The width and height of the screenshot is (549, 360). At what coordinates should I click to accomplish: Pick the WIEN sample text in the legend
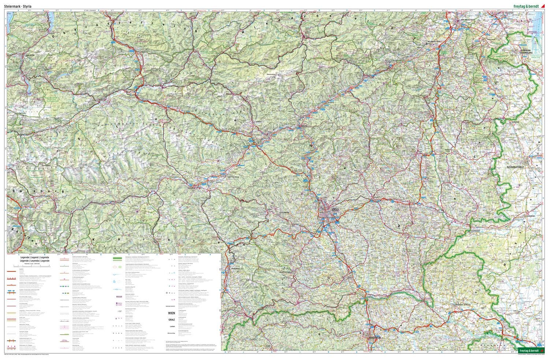pyautogui.click(x=171, y=313)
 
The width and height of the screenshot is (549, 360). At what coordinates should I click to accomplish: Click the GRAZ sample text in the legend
pyautogui.click(x=171, y=319)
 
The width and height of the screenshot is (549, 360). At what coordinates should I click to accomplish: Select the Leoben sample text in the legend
pyautogui.click(x=171, y=326)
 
